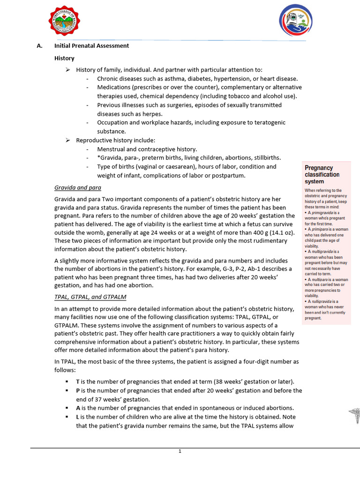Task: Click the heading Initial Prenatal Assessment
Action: [x=91, y=46]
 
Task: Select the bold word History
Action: [x=64, y=58]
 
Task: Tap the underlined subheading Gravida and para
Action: [x=78, y=187]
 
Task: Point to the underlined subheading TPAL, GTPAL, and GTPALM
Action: [x=90, y=297]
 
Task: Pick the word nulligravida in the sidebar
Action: [x=321, y=301]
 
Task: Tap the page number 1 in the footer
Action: [x=180, y=451]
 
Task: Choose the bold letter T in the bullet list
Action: [x=78, y=382]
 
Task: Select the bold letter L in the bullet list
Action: [x=78, y=417]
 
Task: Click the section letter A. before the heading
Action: [x=40, y=46]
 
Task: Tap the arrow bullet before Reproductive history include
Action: [x=67, y=140]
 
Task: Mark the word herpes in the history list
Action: [x=153, y=114]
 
